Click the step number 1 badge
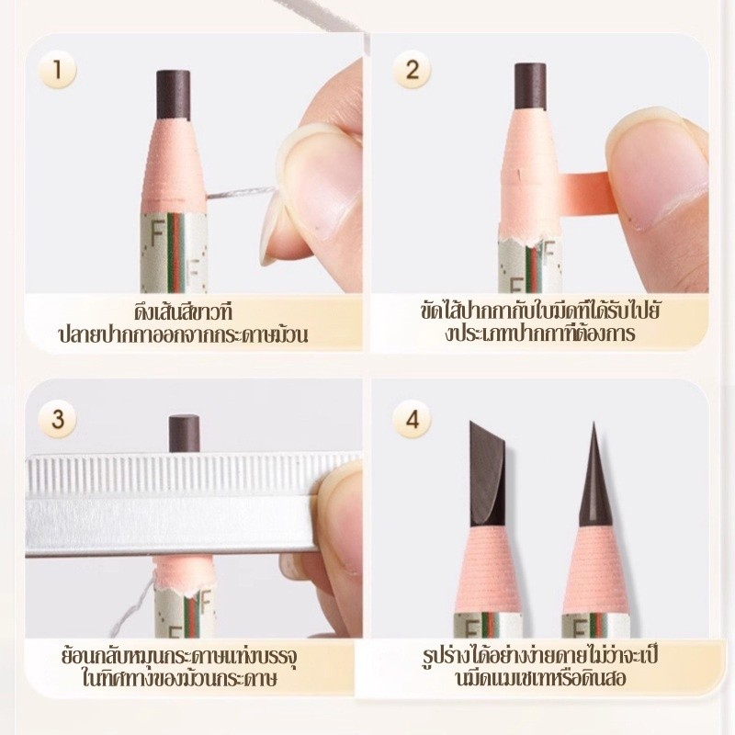tap(57, 70)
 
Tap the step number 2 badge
tap(412, 70)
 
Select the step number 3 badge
tap(57, 419)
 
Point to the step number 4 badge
tap(412, 419)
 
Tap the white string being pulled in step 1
tap(241, 193)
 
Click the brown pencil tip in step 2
tap(530, 86)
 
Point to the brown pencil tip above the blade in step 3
tap(185, 434)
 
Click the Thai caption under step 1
tap(183, 323)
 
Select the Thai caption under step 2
tap(540, 322)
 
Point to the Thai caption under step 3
tap(179, 668)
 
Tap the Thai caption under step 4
tap(540, 667)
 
